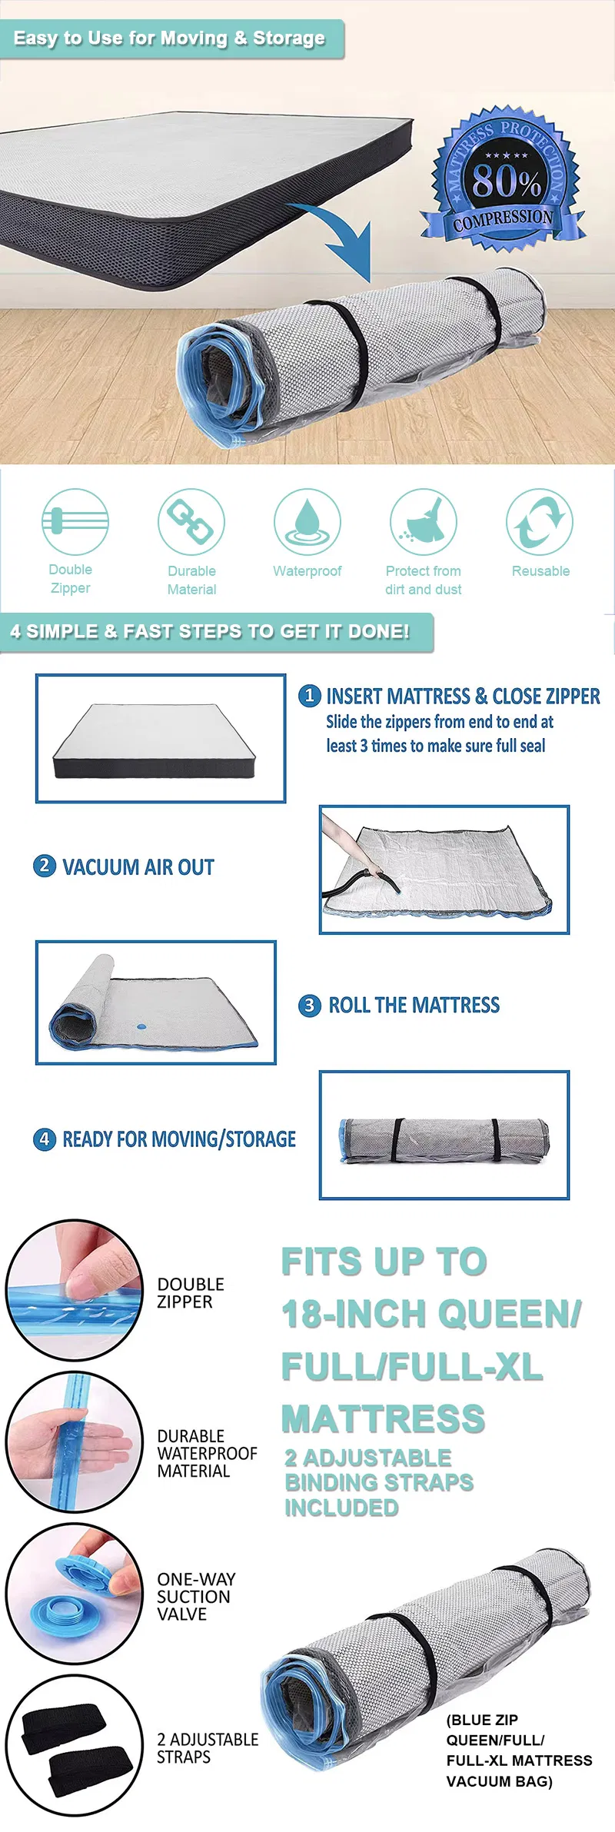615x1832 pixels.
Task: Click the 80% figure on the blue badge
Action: click(x=507, y=181)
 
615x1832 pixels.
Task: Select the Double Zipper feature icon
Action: click(x=75, y=522)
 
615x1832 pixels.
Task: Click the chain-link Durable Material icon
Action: click(x=191, y=522)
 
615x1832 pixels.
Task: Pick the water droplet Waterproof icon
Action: click(x=307, y=522)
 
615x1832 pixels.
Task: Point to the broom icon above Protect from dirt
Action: click(x=424, y=522)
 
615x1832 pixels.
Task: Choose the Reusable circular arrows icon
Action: click(x=540, y=522)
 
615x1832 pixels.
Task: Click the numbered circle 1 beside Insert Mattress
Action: click(x=309, y=696)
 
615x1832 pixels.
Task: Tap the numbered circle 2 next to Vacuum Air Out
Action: click(x=45, y=866)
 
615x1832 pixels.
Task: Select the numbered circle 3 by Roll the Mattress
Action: click(x=309, y=1005)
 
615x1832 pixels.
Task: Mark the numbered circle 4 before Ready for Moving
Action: click(x=45, y=1139)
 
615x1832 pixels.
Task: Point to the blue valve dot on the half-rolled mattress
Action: click(x=141, y=1025)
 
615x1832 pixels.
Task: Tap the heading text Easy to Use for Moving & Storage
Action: click(x=169, y=38)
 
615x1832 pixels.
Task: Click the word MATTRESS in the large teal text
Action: click(x=383, y=1418)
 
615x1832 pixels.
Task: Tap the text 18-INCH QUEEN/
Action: click(x=431, y=1314)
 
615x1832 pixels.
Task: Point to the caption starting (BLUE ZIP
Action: click(x=519, y=1751)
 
